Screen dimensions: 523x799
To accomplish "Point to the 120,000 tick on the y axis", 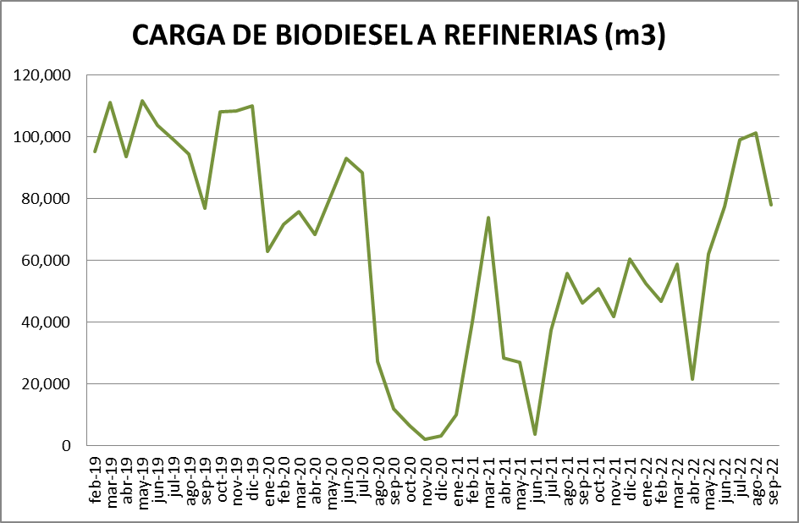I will tap(43, 75).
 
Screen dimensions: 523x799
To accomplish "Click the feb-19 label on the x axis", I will tap(96, 479).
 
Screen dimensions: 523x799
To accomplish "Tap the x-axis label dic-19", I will tap(252, 478).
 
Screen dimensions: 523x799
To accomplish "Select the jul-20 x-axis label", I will tap(362, 478).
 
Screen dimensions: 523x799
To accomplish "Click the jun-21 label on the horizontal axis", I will tap(535, 478).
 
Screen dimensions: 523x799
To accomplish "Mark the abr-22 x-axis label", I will tap(692, 479).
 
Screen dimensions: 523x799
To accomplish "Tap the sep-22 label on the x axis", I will tap(771, 479).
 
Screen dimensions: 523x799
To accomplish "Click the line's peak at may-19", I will tap(142, 101).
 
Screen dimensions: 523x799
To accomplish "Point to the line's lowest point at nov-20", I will tap(426, 439).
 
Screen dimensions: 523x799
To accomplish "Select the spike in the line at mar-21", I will tap(488, 217).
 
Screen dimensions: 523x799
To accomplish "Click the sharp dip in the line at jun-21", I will tap(535, 434).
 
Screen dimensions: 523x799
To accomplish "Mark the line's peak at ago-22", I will tap(756, 133).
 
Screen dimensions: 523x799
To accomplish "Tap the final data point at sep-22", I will tap(771, 205).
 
